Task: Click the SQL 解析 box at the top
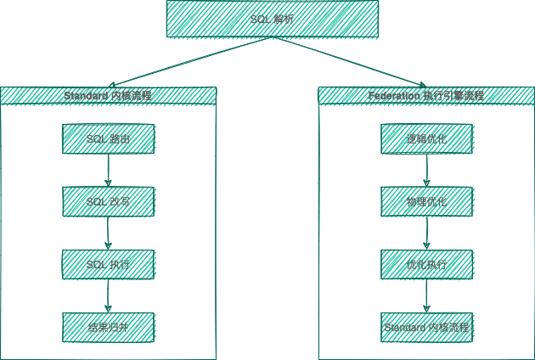(272, 19)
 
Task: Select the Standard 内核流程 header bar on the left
(108, 95)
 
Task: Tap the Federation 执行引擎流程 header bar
(426, 95)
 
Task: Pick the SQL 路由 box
(108, 138)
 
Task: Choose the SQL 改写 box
(108, 201)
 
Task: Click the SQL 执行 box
(108, 264)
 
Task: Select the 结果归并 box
(108, 327)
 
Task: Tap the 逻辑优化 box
(426, 138)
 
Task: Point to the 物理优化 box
(426, 201)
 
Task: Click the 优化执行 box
(426, 264)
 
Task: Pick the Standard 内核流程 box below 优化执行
(426, 327)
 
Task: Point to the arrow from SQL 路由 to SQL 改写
(108, 170)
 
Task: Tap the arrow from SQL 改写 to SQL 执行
(108, 233)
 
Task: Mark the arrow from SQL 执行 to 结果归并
(108, 295)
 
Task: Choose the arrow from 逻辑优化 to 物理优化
(426, 170)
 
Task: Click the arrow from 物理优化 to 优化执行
(426, 233)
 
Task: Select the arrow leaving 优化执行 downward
(426, 295)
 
